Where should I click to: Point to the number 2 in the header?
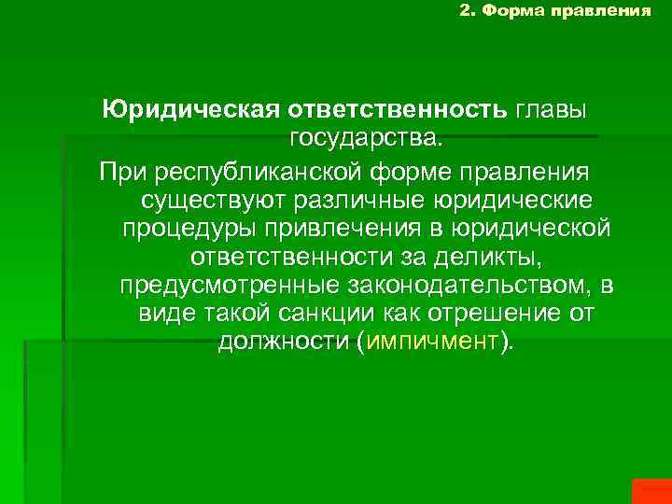coord(466,11)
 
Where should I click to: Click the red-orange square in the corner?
coord(651,491)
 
